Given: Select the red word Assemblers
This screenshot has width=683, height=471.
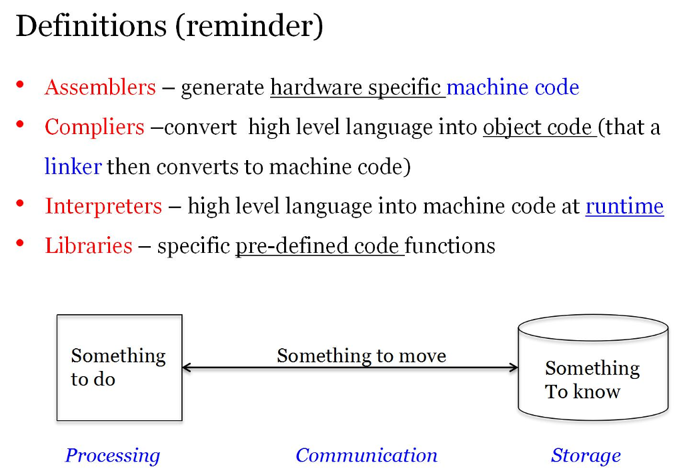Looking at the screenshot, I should pos(100,87).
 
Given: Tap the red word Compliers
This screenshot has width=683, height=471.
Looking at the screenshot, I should pos(94,127).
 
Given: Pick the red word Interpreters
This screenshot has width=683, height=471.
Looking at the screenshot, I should pos(103,206).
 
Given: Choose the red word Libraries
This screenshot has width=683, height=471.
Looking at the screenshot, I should pos(89,246).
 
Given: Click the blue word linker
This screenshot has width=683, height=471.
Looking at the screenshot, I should pos(73,166).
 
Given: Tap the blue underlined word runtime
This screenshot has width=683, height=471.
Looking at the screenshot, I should pos(624,206).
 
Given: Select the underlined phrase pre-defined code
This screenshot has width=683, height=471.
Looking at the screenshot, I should pos(319,246).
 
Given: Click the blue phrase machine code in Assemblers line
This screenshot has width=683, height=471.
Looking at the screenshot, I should pos(512,87).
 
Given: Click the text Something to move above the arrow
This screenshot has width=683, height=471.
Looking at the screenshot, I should pos(361,356).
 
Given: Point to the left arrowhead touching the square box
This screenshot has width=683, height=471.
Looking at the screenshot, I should pos(187,367).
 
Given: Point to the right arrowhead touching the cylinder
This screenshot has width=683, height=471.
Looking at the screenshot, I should pos(514,367).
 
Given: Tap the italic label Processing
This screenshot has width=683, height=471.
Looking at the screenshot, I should pos(112,456).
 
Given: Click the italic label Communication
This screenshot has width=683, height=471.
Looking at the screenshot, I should pos(366,456).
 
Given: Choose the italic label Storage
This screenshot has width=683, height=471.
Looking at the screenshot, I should pos(586,456).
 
